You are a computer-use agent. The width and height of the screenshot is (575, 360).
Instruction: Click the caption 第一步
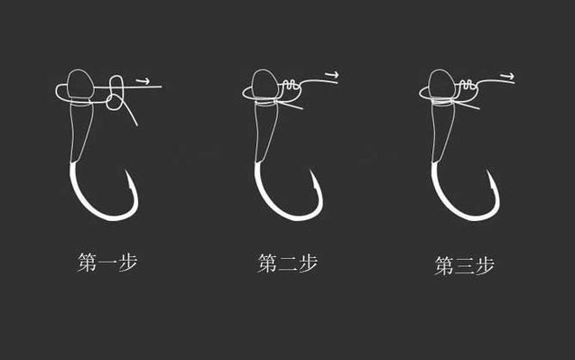pyautogui.click(x=107, y=263)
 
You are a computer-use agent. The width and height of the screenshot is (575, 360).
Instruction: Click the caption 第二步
pyautogui.click(x=287, y=263)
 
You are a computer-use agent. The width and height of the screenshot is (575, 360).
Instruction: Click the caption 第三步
pyautogui.click(x=464, y=265)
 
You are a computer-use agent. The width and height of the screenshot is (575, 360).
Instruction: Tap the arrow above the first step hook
pyautogui.click(x=143, y=81)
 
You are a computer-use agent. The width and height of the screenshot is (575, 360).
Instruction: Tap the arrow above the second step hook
pyautogui.click(x=332, y=75)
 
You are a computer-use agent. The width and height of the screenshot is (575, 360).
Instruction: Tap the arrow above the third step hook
pyautogui.click(x=508, y=77)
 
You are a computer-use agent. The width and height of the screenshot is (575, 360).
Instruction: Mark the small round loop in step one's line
pyautogui.click(x=107, y=102)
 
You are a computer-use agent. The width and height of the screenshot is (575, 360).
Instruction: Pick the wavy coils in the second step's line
pyautogui.click(x=290, y=85)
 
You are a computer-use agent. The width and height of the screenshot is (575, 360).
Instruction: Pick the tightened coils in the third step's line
pyautogui.click(x=466, y=84)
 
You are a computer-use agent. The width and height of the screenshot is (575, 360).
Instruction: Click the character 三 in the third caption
pyautogui.click(x=465, y=266)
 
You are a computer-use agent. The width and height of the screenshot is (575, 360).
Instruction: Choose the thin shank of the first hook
pyautogui.click(x=80, y=132)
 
